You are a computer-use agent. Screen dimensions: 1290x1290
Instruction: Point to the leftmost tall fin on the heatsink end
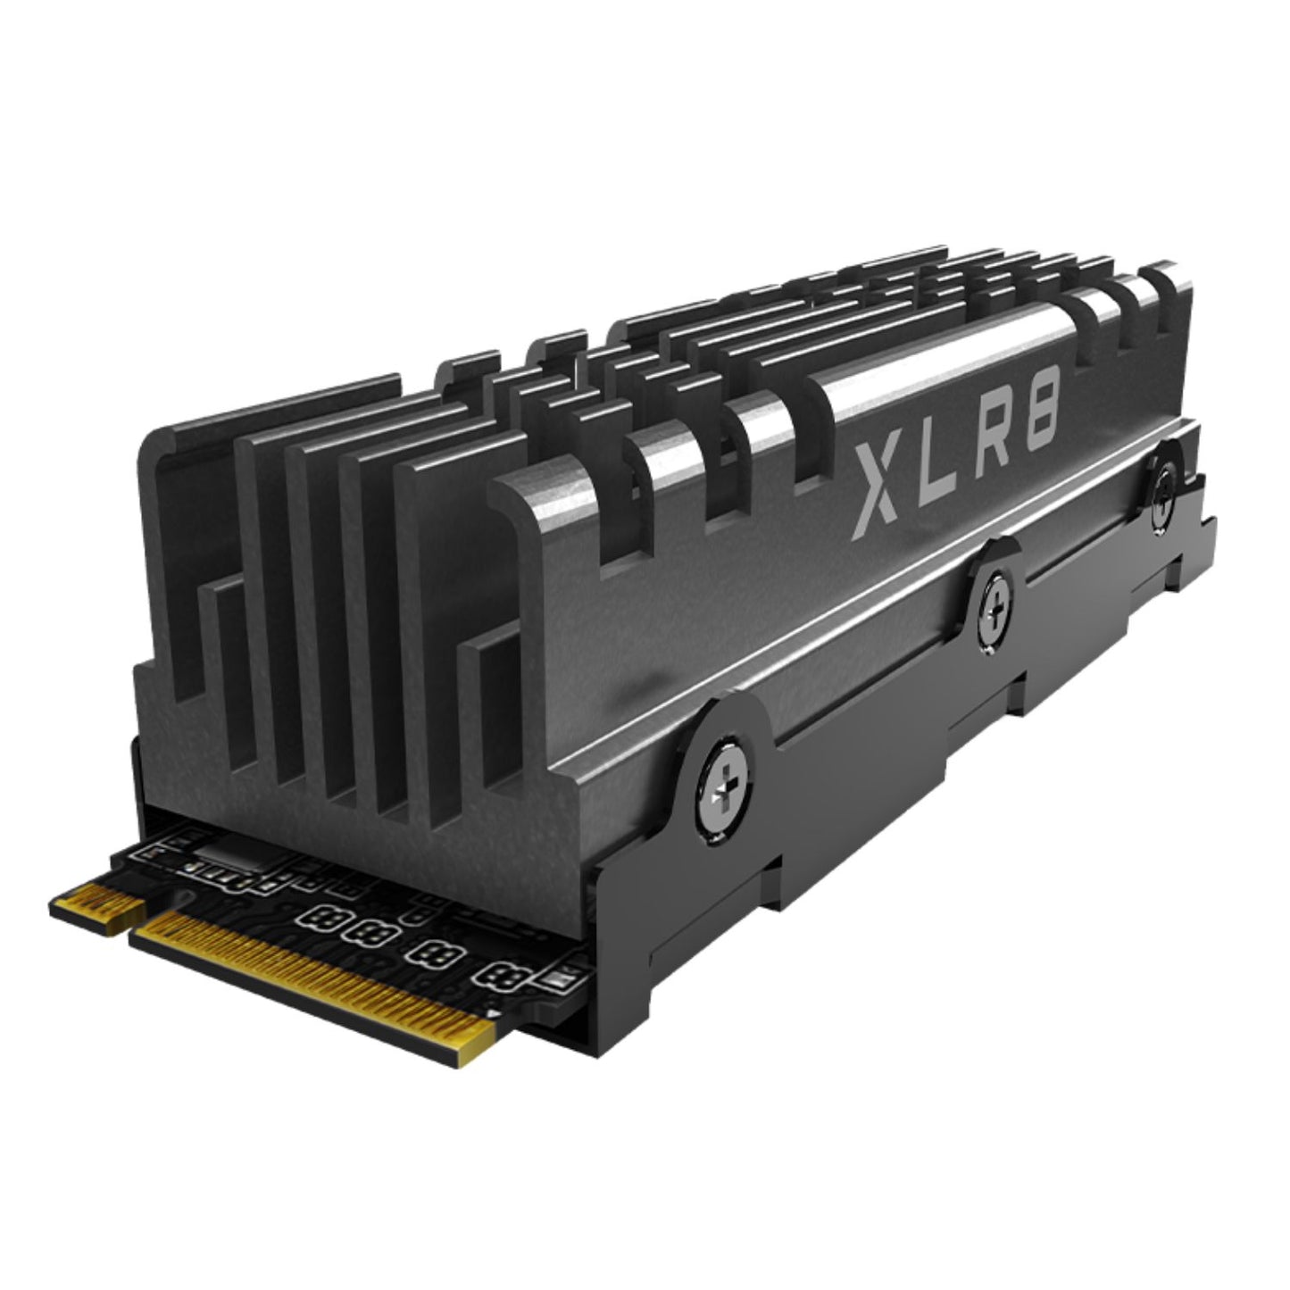(x=179, y=553)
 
